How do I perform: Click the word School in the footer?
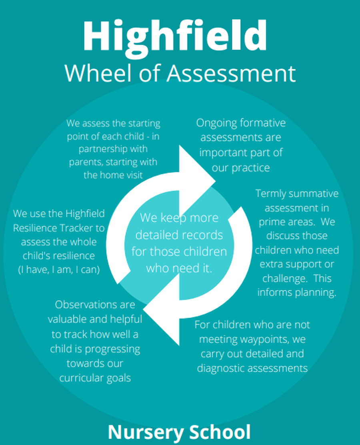(220, 431)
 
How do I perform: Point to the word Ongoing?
(216, 123)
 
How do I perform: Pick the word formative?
(263, 122)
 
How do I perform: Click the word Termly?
(271, 194)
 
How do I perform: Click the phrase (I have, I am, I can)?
(59, 269)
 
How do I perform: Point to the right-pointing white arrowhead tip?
(215, 181)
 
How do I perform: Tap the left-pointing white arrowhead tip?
(143, 309)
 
